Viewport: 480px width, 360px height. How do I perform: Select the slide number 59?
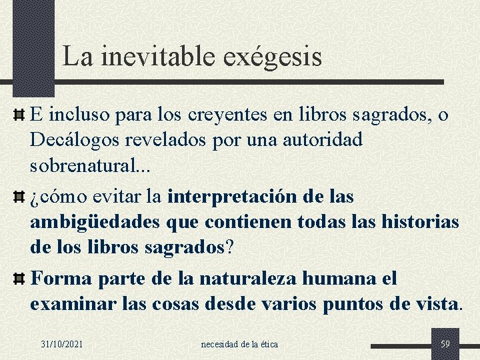click(445, 344)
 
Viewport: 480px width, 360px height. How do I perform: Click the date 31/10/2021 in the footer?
click(62, 344)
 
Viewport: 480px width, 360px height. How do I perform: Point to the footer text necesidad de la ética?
click(239, 344)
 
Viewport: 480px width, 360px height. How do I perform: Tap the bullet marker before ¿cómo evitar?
click(19, 197)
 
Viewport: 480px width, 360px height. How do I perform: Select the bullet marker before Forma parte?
click(19, 279)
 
